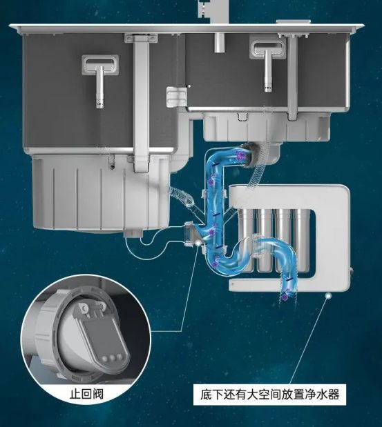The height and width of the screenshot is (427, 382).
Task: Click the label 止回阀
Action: [x=86, y=394]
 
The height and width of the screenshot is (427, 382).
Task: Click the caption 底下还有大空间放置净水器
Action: [x=269, y=395]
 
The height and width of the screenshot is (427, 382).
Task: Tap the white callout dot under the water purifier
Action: [x=329, y=295]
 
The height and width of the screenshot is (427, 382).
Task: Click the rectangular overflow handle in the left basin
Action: [x=100, y=65]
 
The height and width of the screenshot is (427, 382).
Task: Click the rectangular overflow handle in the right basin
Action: [x=268, y=49]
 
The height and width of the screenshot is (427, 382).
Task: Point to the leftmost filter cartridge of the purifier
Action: [x=246, y=239]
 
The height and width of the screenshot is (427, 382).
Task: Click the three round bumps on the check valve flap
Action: [x=112, y=357]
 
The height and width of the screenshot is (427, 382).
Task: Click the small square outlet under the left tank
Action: [x=133, y=233]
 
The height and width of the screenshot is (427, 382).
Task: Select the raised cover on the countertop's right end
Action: [x=293, y=22]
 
